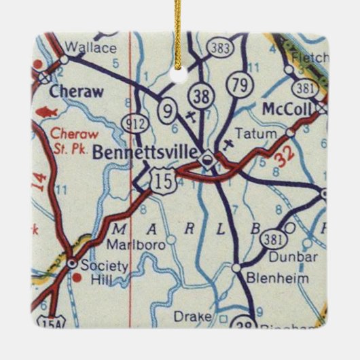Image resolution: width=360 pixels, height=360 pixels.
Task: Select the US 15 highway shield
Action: pyautogui.click(x=164, y=180)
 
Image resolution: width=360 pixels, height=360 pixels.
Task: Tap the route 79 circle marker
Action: pyautogui.click(x=238, y=84)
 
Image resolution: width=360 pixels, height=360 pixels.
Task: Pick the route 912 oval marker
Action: pyautogui.click(x=134, y=122)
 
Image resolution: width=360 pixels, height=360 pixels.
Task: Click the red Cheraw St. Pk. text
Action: pyautogui.click(x=69, y=140)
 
